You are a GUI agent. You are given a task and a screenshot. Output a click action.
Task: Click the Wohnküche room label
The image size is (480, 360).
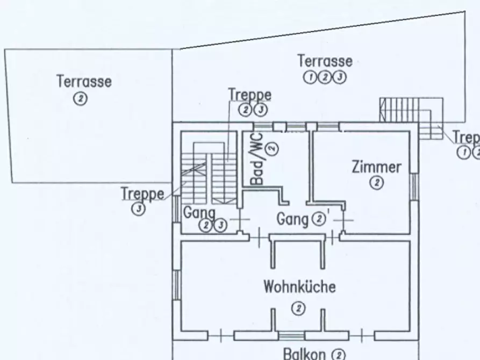point(299,286)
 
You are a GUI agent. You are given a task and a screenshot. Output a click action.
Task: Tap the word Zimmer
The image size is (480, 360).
point(376,167)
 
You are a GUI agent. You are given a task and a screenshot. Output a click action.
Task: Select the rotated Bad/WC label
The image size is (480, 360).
point(257,159)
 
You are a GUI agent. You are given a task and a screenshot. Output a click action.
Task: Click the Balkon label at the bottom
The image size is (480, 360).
point(304,354)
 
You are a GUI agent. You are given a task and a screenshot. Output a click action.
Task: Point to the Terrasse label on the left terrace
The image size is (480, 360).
point(84,82)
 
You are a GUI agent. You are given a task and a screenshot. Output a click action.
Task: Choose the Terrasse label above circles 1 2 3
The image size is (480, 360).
point(325,61)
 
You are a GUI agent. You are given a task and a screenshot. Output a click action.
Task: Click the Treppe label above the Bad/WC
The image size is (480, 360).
point(249,95)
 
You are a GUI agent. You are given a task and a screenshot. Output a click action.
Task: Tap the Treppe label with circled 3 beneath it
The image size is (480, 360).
point(142,193)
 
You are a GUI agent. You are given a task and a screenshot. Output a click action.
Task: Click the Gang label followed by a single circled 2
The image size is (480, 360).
point(292,219)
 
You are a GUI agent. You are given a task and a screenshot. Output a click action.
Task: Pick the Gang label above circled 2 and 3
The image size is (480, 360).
point(199,213)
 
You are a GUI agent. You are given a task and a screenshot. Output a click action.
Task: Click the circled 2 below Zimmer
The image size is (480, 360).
point(376,183)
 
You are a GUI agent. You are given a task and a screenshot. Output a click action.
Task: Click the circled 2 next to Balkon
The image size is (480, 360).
point(338,354)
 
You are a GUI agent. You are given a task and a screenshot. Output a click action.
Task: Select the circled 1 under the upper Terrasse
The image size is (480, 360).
point(311,77)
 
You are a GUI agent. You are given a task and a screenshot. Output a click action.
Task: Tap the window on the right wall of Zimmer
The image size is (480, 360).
point(414,186)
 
